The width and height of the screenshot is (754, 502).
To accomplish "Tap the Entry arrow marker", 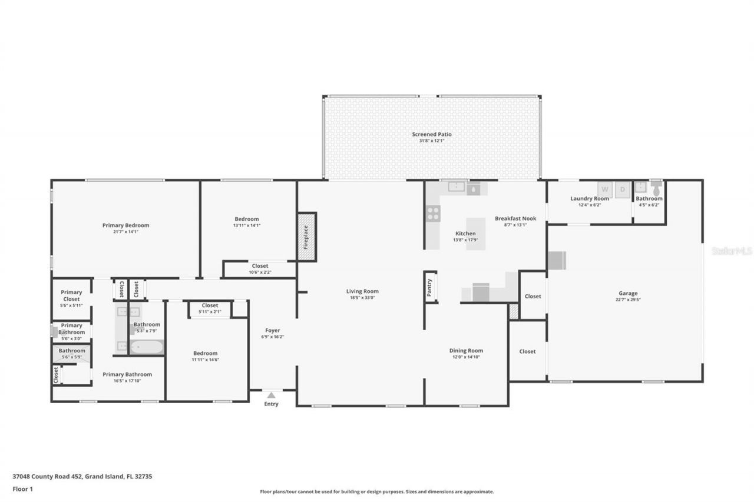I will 270,395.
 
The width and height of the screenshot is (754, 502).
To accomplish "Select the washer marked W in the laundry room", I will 604,190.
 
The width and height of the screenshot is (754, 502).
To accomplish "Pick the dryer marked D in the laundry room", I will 623,190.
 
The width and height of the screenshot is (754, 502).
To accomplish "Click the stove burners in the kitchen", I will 433,214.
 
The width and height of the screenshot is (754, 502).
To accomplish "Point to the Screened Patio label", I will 432,135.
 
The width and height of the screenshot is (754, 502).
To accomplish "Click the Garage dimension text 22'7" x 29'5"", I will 628,300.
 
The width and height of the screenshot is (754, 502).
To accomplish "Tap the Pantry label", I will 429,287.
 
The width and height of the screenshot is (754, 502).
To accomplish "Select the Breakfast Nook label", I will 515,218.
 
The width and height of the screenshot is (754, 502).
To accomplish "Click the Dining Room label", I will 466,351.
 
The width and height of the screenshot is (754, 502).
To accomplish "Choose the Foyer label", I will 272,331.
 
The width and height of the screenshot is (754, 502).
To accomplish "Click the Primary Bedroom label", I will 125,225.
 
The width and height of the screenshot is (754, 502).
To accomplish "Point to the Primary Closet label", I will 71,295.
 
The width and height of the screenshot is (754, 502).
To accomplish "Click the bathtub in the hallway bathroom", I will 145,347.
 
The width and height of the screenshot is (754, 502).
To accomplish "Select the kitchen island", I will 476,234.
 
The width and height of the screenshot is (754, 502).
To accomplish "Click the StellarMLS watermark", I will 732,251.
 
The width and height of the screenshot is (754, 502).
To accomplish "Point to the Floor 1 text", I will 24,488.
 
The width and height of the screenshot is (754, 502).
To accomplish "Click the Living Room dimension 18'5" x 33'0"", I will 362,298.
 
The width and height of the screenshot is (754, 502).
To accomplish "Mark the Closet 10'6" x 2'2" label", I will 260,269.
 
